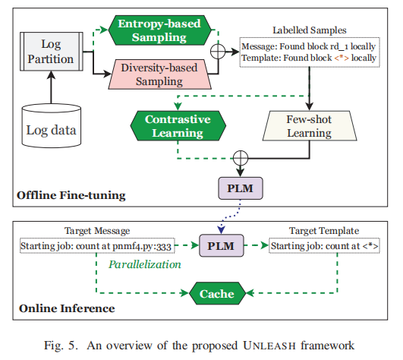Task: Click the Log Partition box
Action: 52,52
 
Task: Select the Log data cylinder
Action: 52,126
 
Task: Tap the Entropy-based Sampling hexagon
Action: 159,30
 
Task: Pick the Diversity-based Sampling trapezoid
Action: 159,74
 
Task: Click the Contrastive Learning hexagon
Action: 178,126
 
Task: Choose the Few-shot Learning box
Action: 310,126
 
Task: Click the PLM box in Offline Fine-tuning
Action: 241,188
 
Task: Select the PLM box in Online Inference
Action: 222,245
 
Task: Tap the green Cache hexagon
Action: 217,293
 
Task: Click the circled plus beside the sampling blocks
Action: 218,52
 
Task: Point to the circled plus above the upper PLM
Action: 241,158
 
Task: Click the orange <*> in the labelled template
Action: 342,58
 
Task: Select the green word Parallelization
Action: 145,264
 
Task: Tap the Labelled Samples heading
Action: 310,30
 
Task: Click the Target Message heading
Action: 97,231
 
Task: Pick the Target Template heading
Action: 324,231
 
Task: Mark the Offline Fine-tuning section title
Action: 71,195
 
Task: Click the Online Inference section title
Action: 67,308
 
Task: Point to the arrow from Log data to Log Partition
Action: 52,87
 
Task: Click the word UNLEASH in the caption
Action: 269,346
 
